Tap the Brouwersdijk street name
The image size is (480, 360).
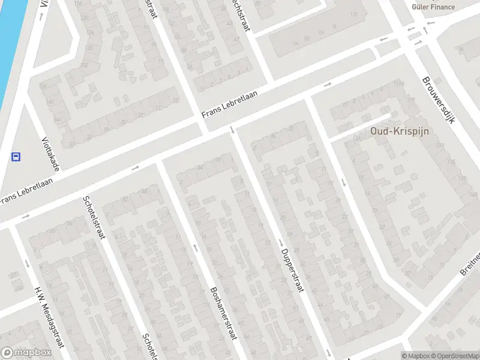[439, 100]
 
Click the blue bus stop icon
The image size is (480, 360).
[16, 157]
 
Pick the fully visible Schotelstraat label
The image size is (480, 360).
[94, 217]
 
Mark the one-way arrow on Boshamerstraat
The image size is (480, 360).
[195, 247]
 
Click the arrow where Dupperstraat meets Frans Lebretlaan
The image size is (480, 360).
[232, 130]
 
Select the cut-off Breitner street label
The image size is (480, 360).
[470, 264]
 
